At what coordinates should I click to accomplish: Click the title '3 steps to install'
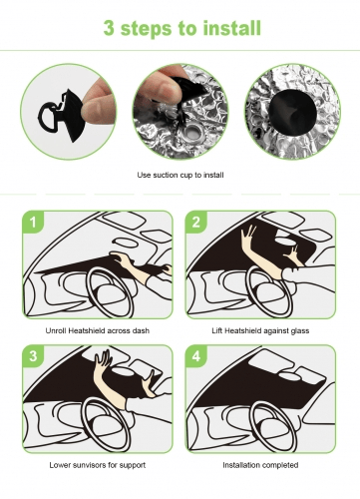[x=182, y=28]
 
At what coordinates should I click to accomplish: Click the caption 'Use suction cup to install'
[x=180, y=175]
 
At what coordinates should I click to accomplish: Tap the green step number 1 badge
[x=33, y=222]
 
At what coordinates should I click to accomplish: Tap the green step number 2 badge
[x=196, y=222]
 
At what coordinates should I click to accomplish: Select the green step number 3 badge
[x=33, y=356]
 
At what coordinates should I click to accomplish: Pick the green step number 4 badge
[x=196, y=356]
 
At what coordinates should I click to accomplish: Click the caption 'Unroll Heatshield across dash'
[x=98, y=330]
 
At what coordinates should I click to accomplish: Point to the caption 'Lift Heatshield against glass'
[x=260, y=330]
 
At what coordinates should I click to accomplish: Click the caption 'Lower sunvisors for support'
[x=98, y=465]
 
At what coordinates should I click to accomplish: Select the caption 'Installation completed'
[x=260, y=465]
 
